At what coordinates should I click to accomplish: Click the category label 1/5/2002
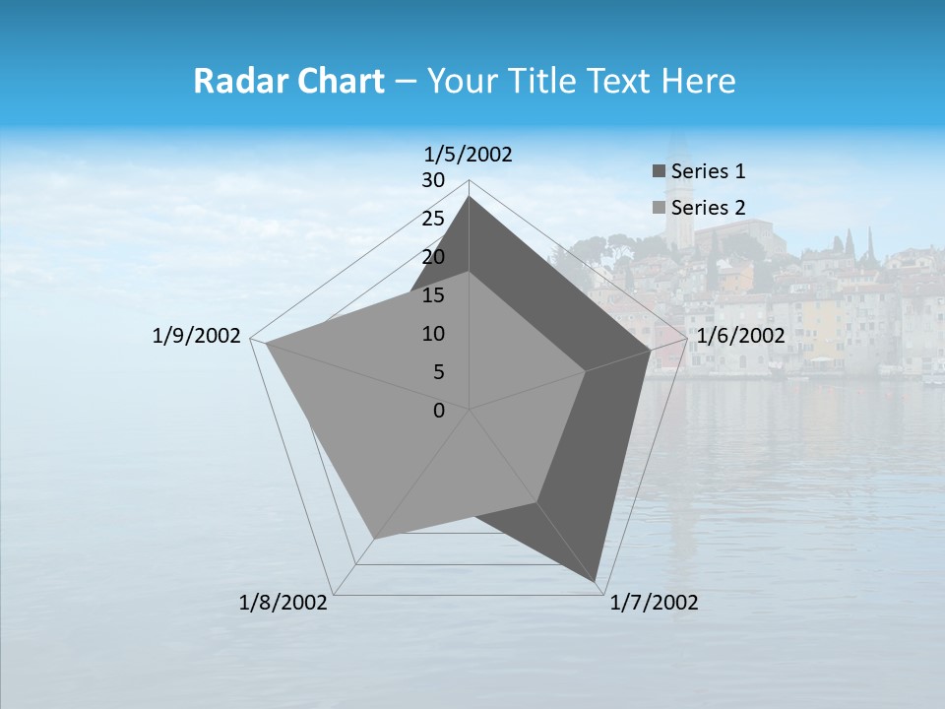click(469, 155)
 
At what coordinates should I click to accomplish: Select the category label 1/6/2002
click(740, 336)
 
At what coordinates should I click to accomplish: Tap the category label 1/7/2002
click(654, 603)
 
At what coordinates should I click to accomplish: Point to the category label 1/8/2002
click(283, 603)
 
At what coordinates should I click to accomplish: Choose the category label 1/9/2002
click(197, 336)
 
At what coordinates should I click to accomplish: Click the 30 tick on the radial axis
click(433, 180)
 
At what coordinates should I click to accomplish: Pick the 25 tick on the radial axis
click(433, 219)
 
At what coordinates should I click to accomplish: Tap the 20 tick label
click(433, 257)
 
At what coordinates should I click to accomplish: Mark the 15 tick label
click(433, 295)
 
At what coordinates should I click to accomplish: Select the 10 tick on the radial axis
click(433, 334)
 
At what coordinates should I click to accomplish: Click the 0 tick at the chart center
click(439, 411)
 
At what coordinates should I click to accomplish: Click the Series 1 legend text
click(708, 171)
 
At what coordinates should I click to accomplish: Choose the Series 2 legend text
click(708, 208)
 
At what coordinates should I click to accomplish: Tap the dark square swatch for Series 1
click(659, 171)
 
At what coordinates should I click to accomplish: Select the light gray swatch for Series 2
click(659, 208)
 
